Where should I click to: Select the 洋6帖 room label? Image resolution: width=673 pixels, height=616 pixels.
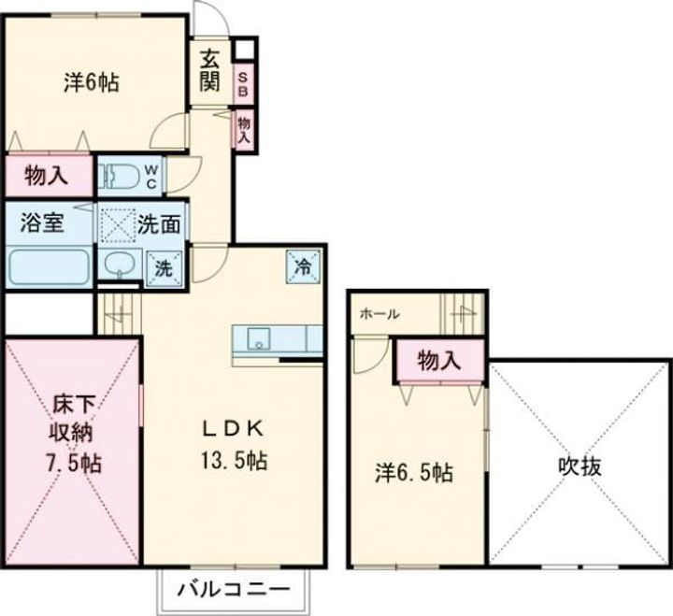(91, 82)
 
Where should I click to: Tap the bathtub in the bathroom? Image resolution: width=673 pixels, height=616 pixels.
(49, 266)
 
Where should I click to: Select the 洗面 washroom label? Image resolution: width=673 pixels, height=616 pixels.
(160, 225)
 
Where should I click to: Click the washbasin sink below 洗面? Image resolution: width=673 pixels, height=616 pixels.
(118, 265)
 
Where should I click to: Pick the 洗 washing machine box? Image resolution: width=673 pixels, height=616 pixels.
(164, 266)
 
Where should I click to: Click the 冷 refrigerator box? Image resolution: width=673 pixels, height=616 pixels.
(303, 265)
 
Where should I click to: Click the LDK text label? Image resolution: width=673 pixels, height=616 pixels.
(235, 428)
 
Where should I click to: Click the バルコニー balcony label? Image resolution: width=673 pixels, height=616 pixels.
(229, 590)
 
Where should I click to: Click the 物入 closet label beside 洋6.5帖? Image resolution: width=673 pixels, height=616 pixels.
(438, 360)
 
